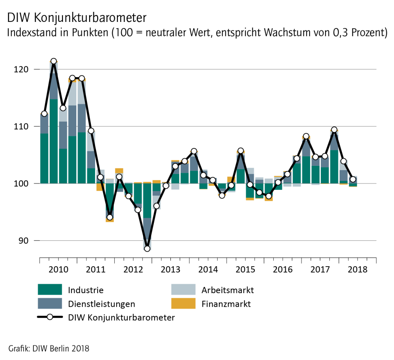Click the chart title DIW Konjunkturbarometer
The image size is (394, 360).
coord(77,18)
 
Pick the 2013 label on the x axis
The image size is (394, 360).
coord(170,270)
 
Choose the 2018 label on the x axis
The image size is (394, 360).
coord(358,270)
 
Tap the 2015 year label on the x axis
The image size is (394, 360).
coord(245,270)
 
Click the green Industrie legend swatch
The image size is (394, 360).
coord(50,290)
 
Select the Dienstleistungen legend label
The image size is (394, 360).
coord(101,304)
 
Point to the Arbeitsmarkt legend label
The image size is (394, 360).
coord(227,290)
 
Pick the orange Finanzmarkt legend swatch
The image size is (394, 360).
coord(183,304)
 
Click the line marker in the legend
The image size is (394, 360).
coord(50,318)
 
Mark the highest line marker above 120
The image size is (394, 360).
coord(54,61)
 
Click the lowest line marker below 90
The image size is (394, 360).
coord(147,249)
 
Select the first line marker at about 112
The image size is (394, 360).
coord(44,114)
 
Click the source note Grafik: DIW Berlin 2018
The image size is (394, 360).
coord(49,348)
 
